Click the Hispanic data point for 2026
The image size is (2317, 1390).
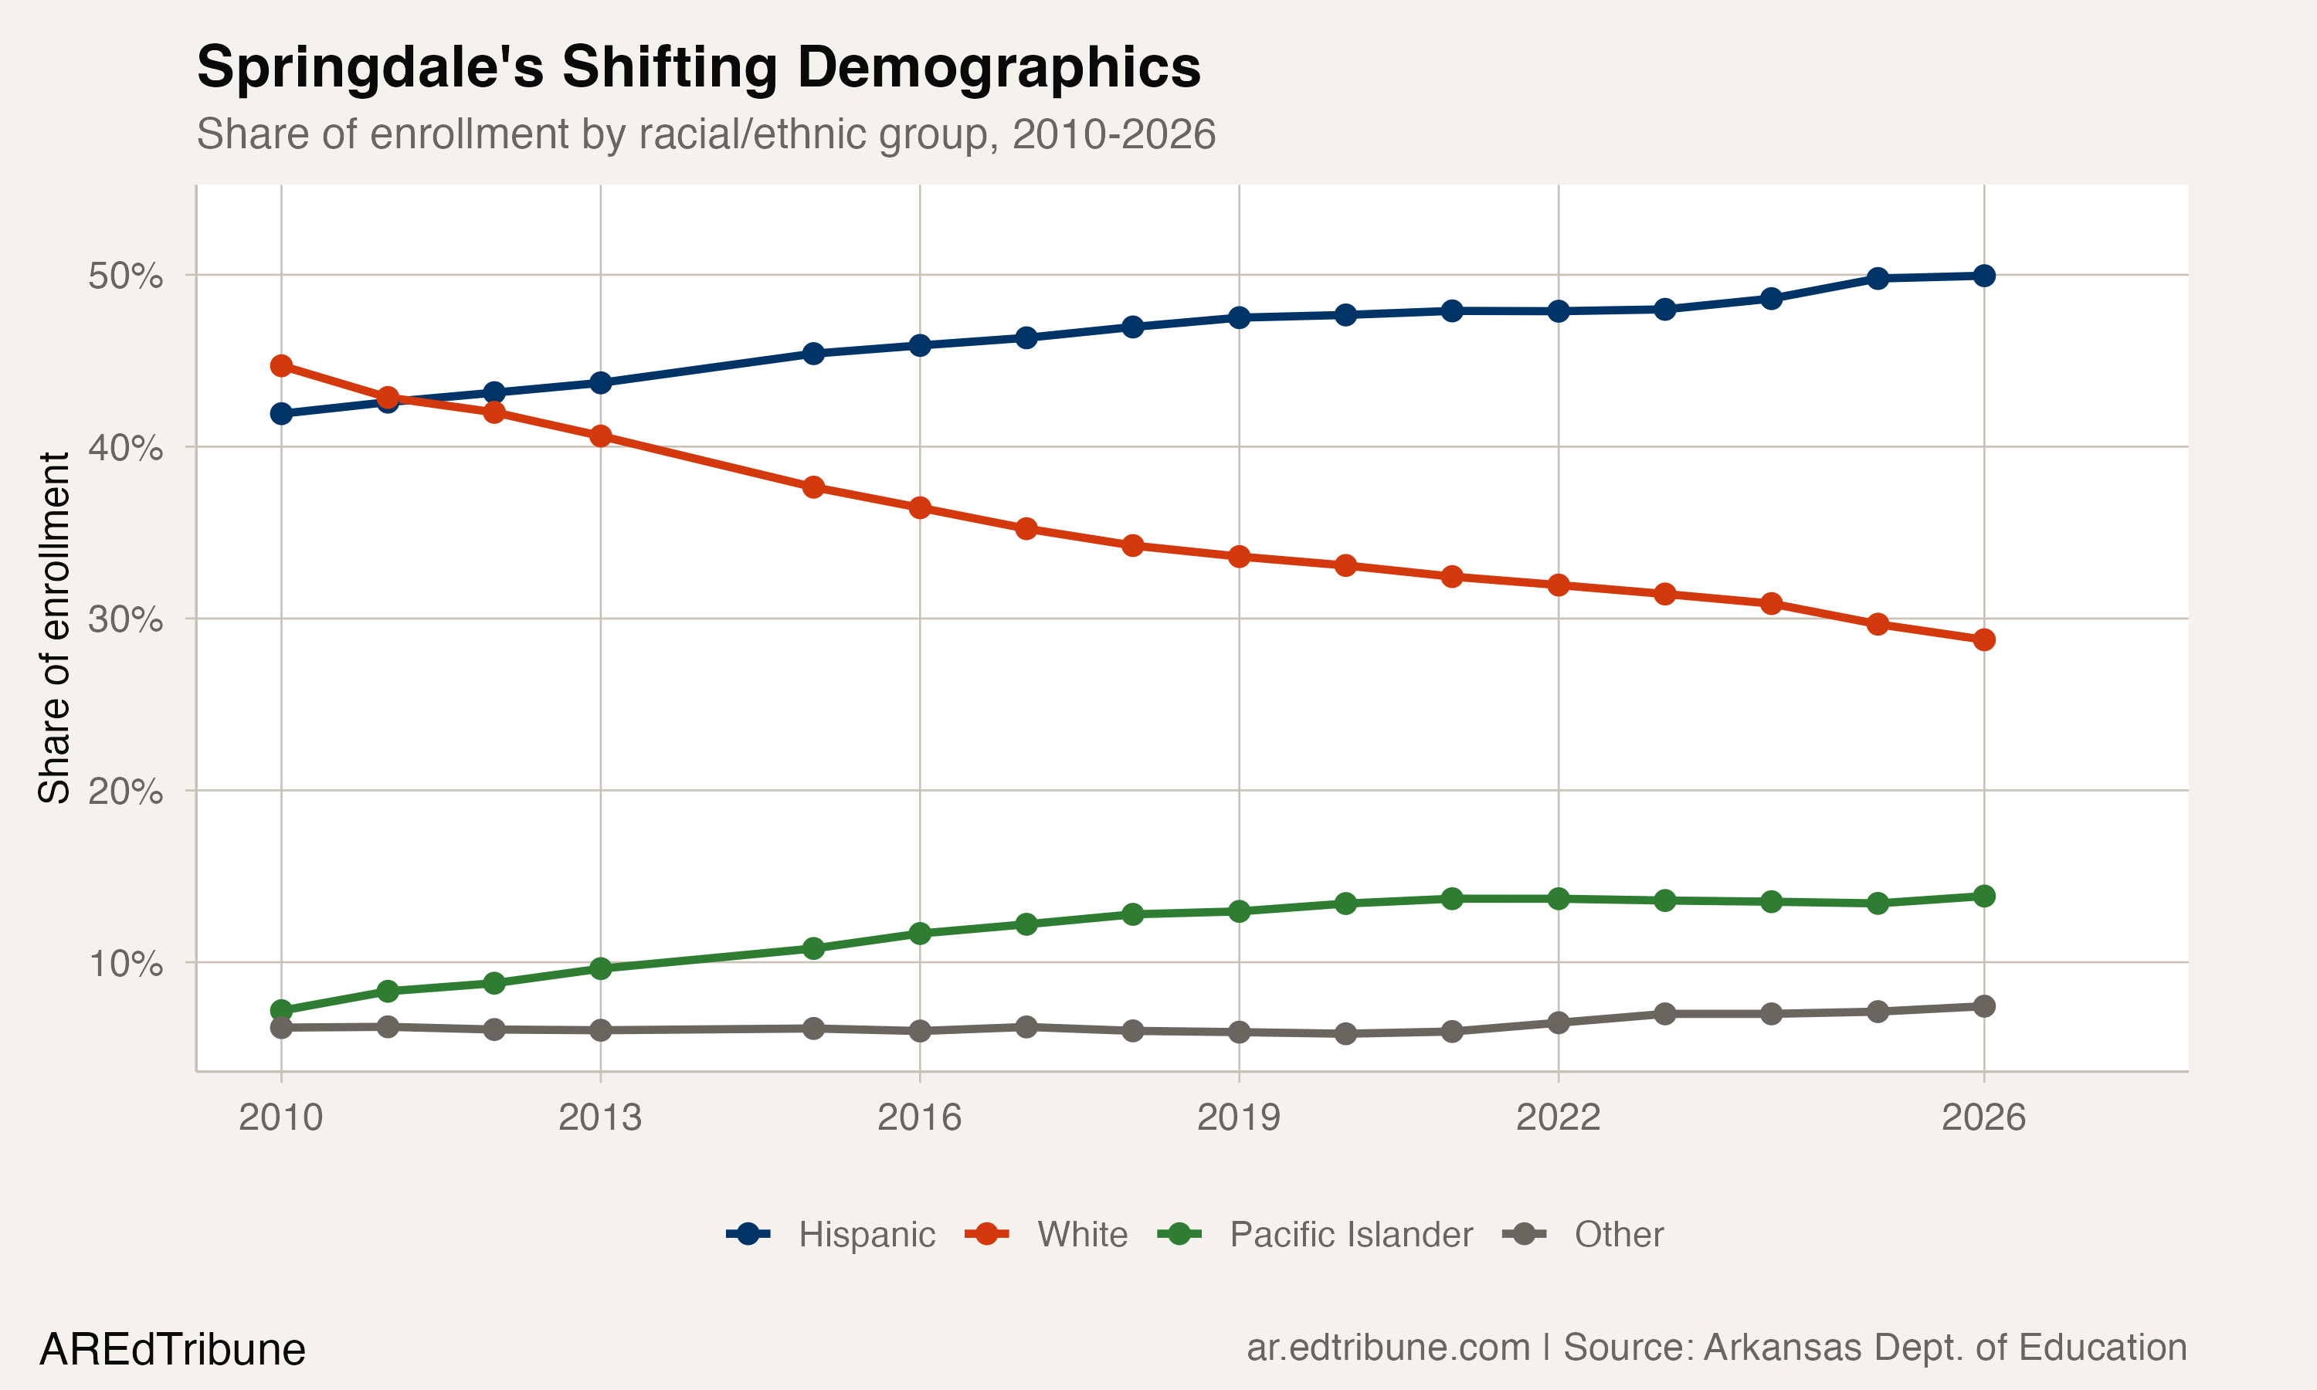click(x=1983, y=276)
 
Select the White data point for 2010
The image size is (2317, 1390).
click(x=281, y=365)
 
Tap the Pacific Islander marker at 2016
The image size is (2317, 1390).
click(x=920, y=934)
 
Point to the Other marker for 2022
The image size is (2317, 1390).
click(x=1559, y=1023)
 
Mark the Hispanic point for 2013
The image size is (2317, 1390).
click(x=600, y=383)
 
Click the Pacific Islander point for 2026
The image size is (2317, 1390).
click(x=1983, y=897)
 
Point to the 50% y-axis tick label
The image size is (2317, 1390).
click(x=125, y=276)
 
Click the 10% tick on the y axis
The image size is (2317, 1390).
click(x=125, y=963)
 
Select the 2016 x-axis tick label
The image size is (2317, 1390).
click(x=919, y=1117)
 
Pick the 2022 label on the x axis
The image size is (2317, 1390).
click(x=1559, y=1117)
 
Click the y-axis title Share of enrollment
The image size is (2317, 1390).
click(x=54, y=628)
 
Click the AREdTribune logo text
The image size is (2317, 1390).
click(x=172, y=1350)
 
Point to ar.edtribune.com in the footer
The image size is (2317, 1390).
click(x=1388, y=1348)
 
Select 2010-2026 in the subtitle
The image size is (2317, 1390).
click(x=1114, y=135)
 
